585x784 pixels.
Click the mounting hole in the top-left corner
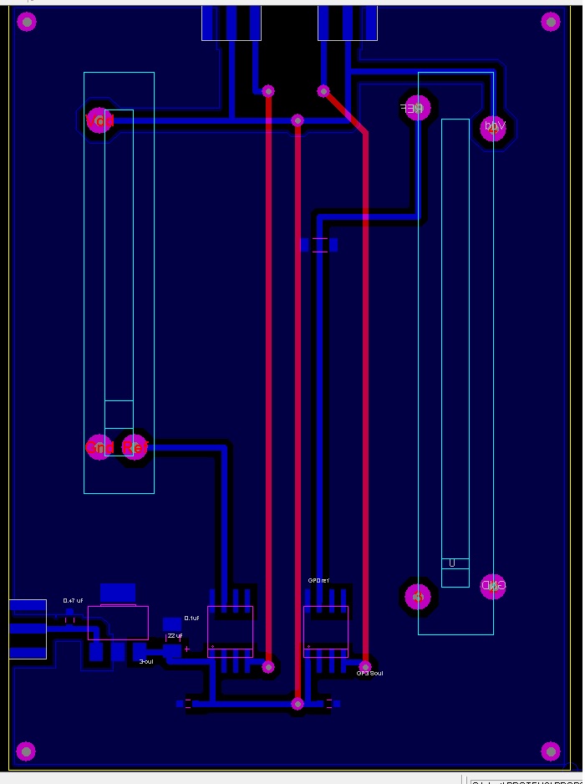click(27, 22)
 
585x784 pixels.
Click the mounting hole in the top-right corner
click(550, 22)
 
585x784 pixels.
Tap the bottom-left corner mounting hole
click(27, 751)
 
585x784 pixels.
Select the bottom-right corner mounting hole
click(550, 751)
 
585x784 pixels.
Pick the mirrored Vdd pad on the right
click(493, 127)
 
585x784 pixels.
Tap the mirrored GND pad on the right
click(493, 586)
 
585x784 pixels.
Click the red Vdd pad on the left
click(99, 120)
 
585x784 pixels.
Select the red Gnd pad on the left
click(99, 448)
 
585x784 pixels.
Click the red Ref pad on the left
click(135, 448)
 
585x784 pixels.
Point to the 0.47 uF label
click(74, 601)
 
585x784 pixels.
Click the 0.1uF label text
click(191, 618)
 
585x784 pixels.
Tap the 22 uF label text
click(175, 636)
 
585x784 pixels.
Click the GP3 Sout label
click(369, 673)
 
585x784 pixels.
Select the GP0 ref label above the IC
click(318, 580)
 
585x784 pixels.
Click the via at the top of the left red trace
click(268, 90)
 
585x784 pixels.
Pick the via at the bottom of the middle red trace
click(298, 704)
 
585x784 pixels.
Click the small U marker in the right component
click(452, 563)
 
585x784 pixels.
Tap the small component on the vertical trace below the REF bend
click(318, 245)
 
